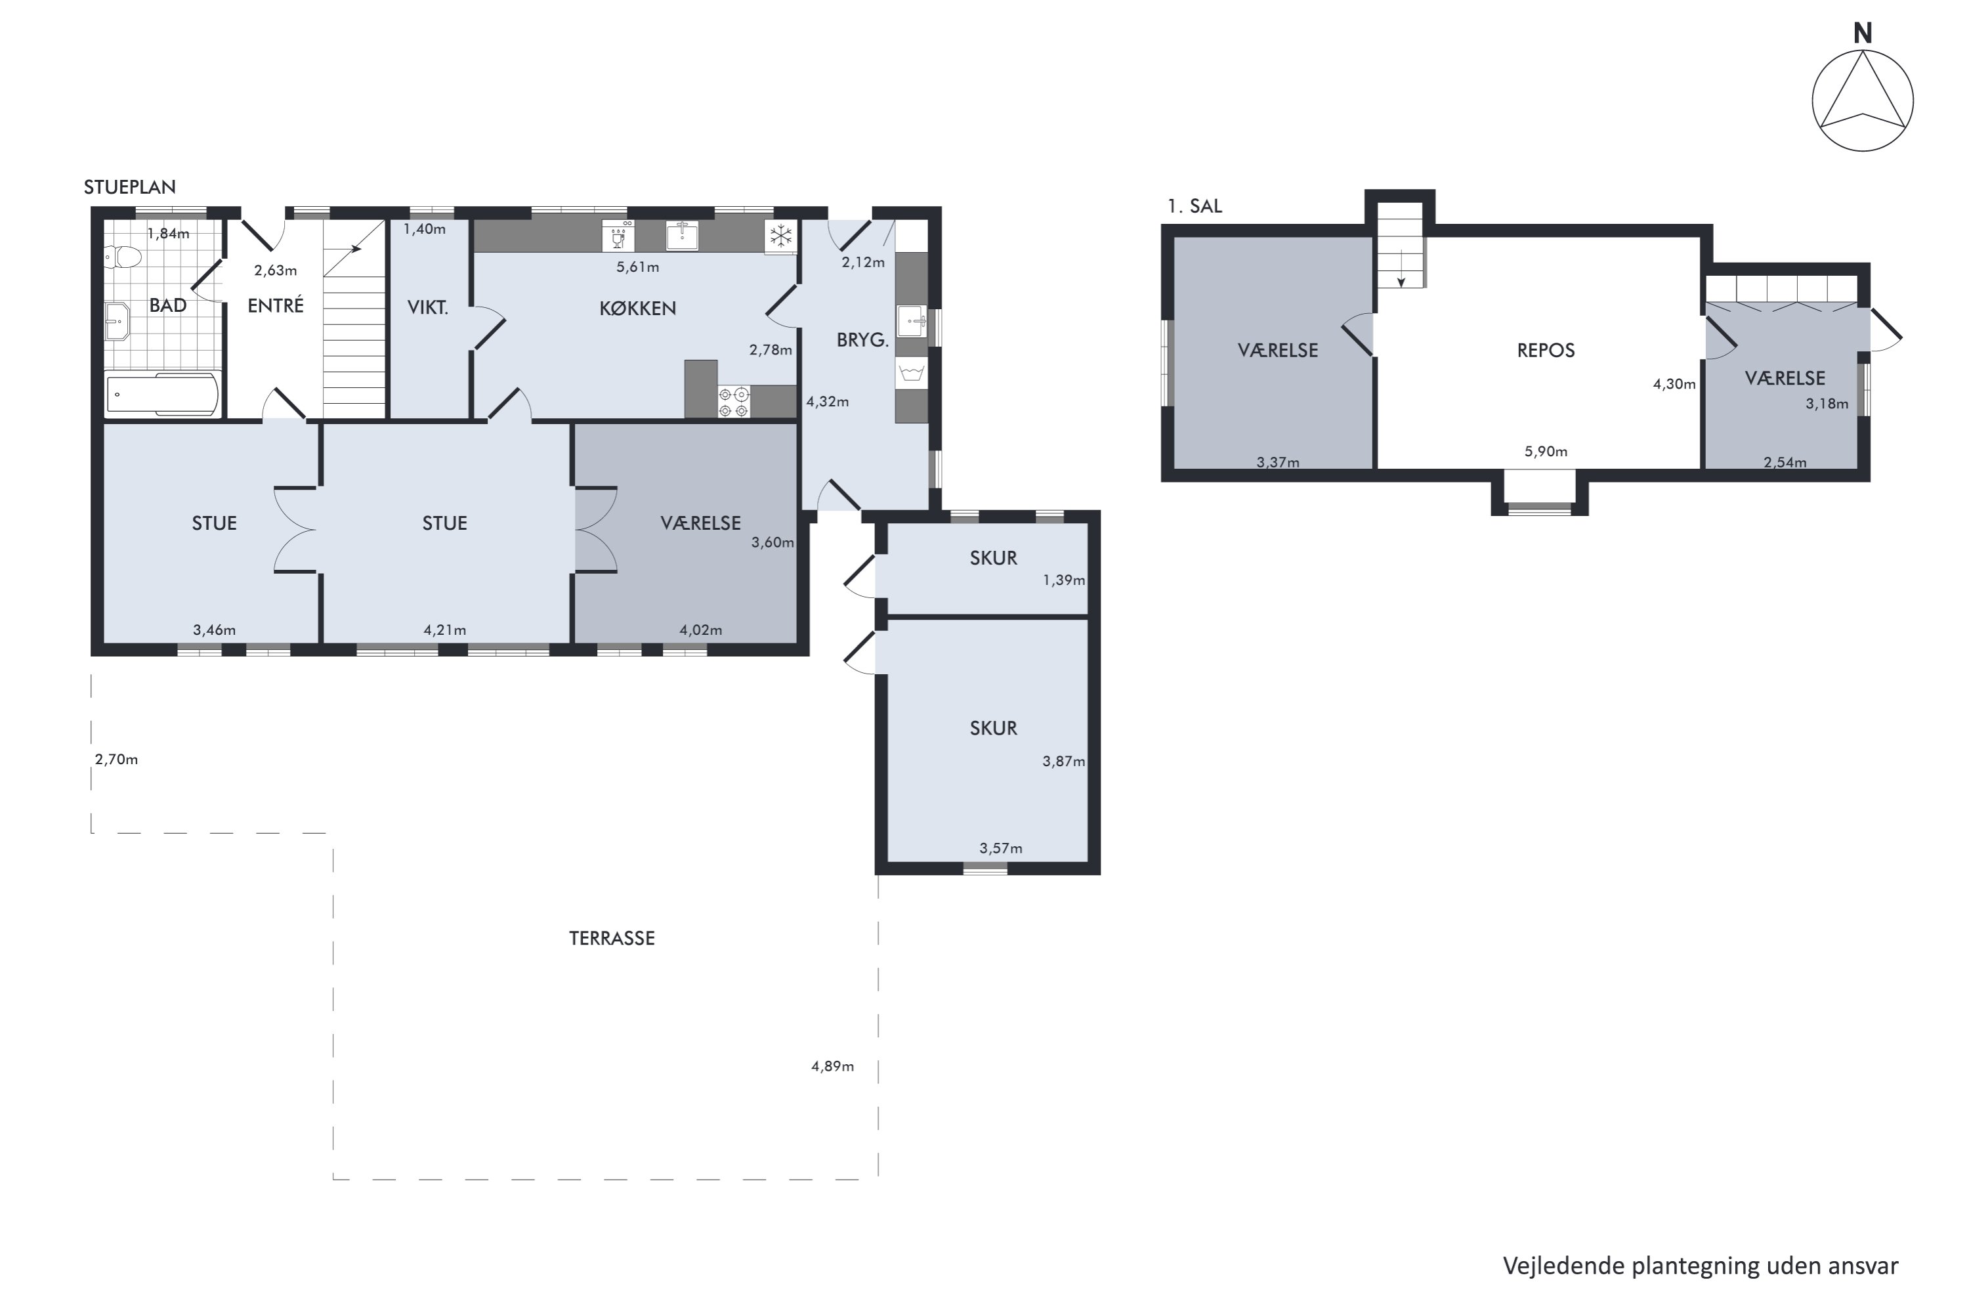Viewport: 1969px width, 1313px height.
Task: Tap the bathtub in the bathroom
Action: click(x=163, y=393)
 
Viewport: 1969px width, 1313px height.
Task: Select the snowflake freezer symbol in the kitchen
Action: click(x=780, y=236)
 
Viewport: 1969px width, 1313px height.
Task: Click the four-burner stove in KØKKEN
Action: click(x=733, y=402)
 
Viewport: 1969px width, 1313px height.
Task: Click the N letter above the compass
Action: click(x=1862, y=33)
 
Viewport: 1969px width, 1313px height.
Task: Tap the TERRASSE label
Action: click(x=612, y=938)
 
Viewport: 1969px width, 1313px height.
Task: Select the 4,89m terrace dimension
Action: click(x=832, y=1066)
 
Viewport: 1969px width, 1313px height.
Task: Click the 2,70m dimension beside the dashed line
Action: click(x=116, y=760)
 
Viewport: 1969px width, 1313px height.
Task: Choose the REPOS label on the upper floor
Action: click(x=1546, y=350)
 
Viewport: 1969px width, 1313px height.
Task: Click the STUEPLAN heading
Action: click(x=130, y=186)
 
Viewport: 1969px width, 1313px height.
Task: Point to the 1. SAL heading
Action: click(x=1195, y=206)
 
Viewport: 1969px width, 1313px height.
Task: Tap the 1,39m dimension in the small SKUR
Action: click(x=1063, y=580)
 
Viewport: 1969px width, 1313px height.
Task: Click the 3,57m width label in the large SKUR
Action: click(x=1000, y=848)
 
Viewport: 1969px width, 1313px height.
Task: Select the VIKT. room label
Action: click(x=428, y=307)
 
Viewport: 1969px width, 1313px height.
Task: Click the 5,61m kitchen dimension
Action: click(x=638, y=267)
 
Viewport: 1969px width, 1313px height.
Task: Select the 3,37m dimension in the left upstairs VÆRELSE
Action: click(x=1277, y=462)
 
